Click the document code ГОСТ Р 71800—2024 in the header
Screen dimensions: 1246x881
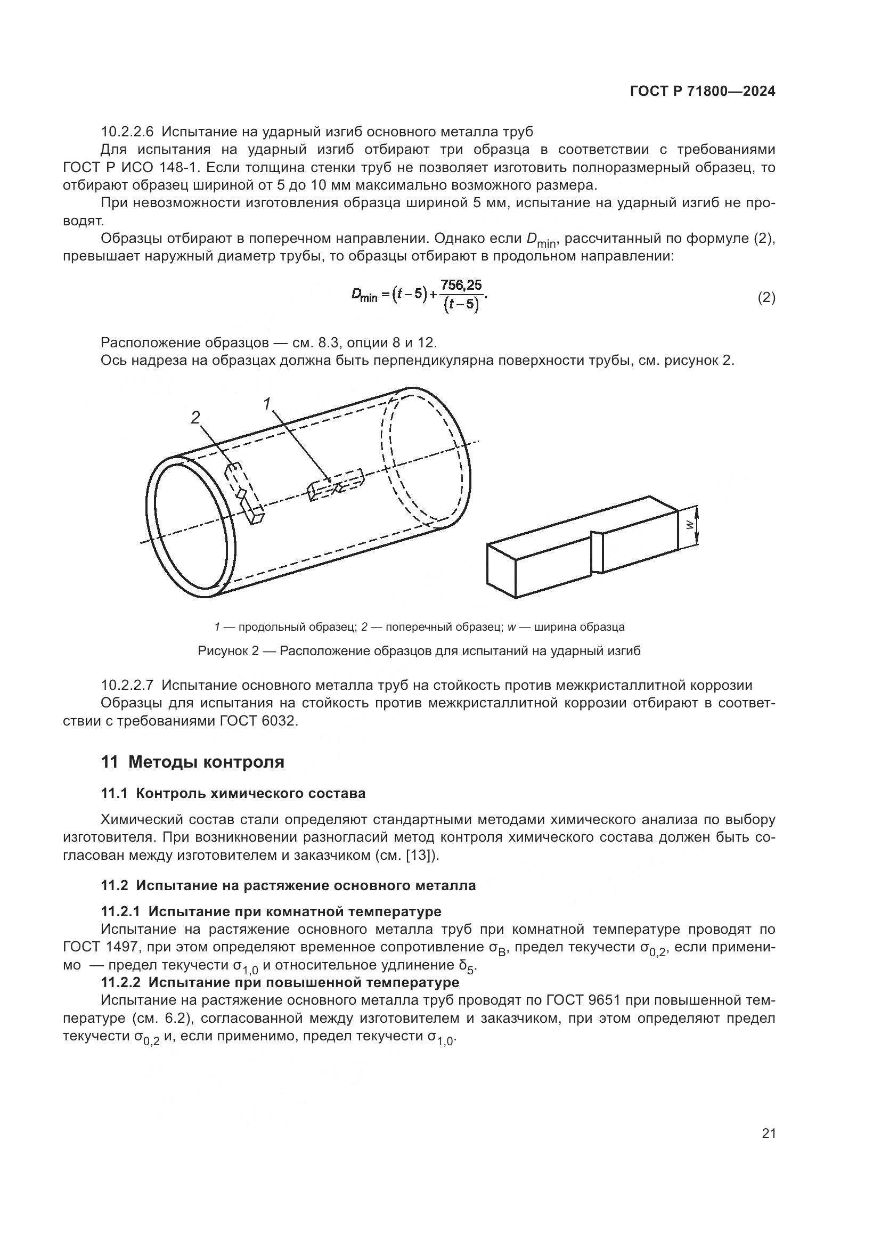pos(702,92)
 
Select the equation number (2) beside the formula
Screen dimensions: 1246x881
pos(766,298)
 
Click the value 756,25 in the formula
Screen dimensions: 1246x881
pos(461,285)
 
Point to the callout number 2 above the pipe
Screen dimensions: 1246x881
pos(195,417)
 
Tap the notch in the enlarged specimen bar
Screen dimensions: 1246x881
pos(596,552)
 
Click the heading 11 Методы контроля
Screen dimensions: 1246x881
pos(193,762)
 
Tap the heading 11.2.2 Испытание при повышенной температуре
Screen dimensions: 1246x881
pos(280,982)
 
